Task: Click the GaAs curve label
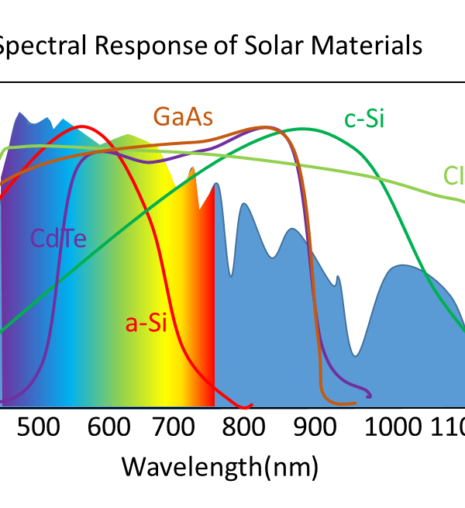click(x=183, y=116)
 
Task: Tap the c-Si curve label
click(x=363, y=120)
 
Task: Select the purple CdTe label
click(x=58, y=237)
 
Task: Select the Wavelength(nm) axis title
click(x=219, y=467)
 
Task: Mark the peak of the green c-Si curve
click(x=304, y=128)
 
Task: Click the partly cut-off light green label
click(x=454, y=176)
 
